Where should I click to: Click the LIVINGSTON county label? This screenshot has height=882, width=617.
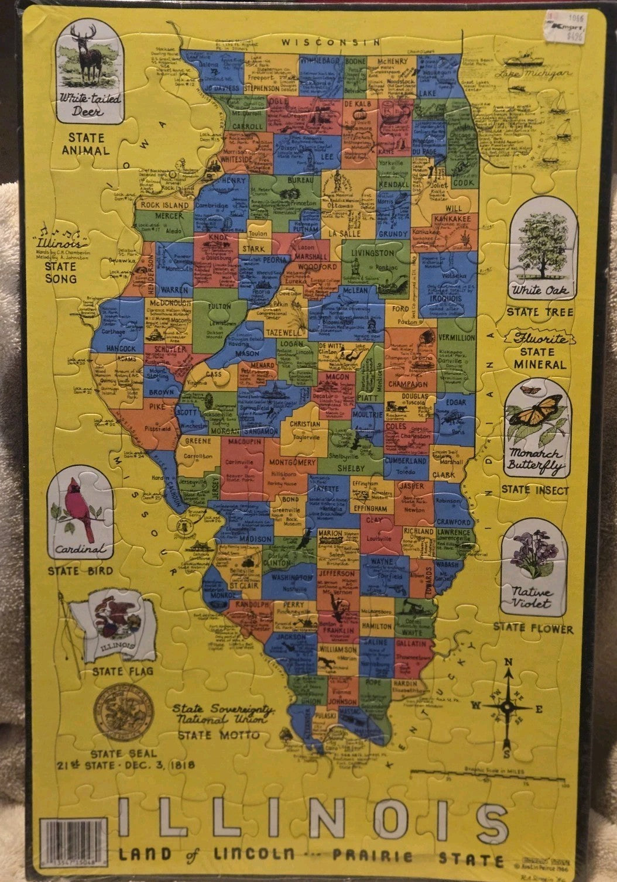point(372,253)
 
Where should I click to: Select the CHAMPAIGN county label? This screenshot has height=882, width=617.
point(407,385)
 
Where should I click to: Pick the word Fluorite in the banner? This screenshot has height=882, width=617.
point(536,339)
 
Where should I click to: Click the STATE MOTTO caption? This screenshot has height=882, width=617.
point(219,734)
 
